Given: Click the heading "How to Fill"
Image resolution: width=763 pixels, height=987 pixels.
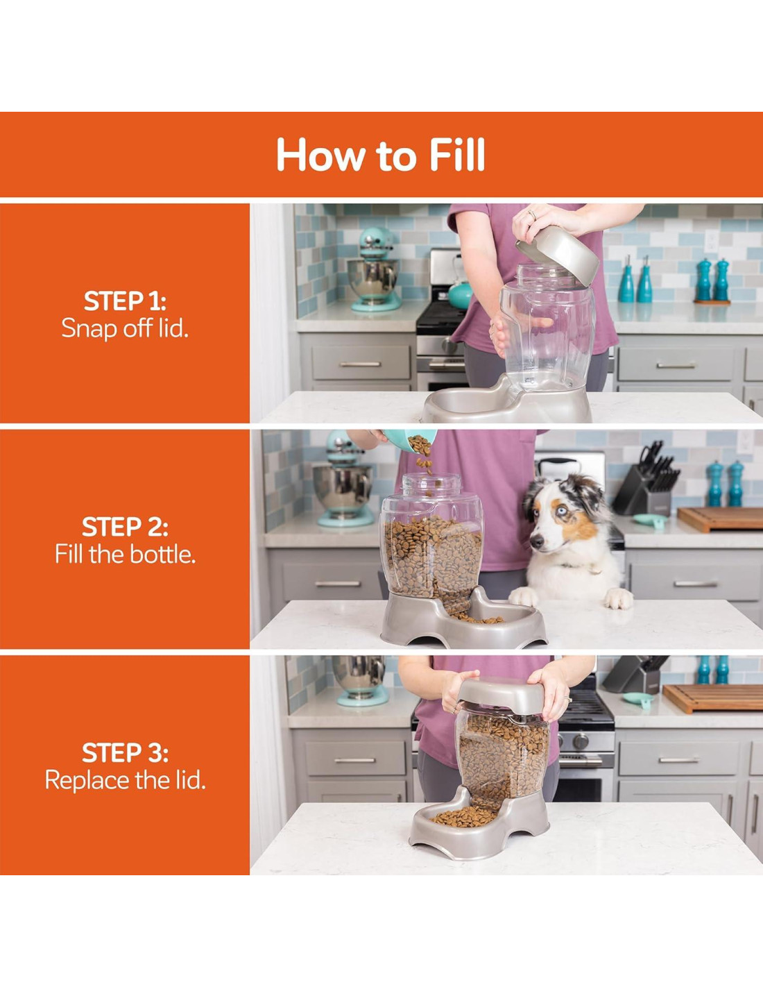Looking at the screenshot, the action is click(x=381, y=155).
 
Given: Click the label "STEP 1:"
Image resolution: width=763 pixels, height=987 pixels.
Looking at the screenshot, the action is click(x=126, y=301).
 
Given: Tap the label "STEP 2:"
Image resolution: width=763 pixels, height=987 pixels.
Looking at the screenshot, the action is click(x=126, y=527).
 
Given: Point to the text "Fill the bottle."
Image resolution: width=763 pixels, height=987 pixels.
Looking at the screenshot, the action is click(x=126, y=554).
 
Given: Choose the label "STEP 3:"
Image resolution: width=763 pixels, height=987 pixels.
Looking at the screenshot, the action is click(x=126, y=752).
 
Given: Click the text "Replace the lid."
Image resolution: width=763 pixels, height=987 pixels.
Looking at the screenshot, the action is click(x=126, y=780).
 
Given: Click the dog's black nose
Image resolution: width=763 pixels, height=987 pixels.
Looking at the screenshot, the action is click(x=537, y=541).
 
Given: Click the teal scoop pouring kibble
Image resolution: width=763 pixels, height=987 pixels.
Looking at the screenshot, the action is click(x=409, y=439).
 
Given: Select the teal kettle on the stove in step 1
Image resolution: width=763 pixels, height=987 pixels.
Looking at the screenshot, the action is click(x=461, y=295).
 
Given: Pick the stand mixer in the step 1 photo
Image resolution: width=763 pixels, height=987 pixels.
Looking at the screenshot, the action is click(x=375, y=270).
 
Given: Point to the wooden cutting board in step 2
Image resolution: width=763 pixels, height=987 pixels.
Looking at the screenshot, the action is click(x=720, y=520).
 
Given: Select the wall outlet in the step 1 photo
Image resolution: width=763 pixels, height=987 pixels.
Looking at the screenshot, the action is click(x=711, y=239).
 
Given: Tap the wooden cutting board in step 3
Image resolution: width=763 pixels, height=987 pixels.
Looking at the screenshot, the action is click(x=713, y=698).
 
